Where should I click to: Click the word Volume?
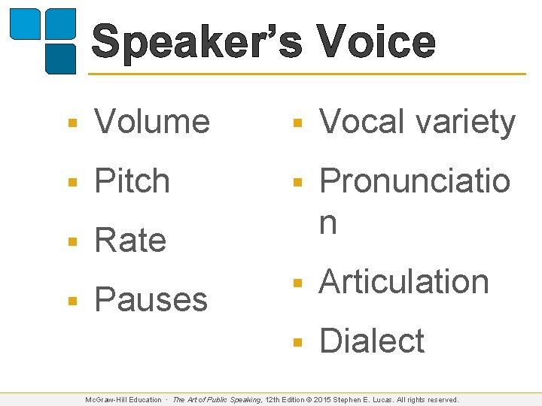pos(152,122)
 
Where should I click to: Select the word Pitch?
pos(132,181)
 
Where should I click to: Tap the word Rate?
pos(130,241)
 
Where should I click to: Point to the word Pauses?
pos(151,299)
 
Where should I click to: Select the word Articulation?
pos(404,282)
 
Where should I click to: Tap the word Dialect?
pos(372,341)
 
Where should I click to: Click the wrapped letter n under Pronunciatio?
pos(328,223)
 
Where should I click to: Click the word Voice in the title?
pos(375,42)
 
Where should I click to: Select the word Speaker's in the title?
pos(198,42)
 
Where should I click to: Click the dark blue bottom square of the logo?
pos(60,58)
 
